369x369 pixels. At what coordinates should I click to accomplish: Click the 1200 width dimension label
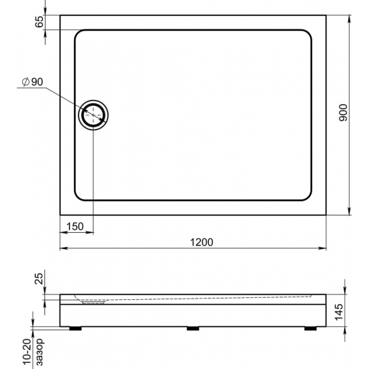click(x=201, y=242)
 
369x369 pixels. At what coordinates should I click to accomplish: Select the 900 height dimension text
click(x=342, y=113)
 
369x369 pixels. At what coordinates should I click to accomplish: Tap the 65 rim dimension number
click(x=39, y=21)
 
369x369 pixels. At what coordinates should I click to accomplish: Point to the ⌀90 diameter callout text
click(x=32, y=82)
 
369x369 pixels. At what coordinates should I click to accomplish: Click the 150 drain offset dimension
click(x=75, y=226)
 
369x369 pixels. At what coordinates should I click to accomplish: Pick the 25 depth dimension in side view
click(x=39, y=278)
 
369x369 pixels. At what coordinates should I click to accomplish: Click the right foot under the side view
click(x=310, y=329)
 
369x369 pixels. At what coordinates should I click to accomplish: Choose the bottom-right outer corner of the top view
click(x=327, y=215)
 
